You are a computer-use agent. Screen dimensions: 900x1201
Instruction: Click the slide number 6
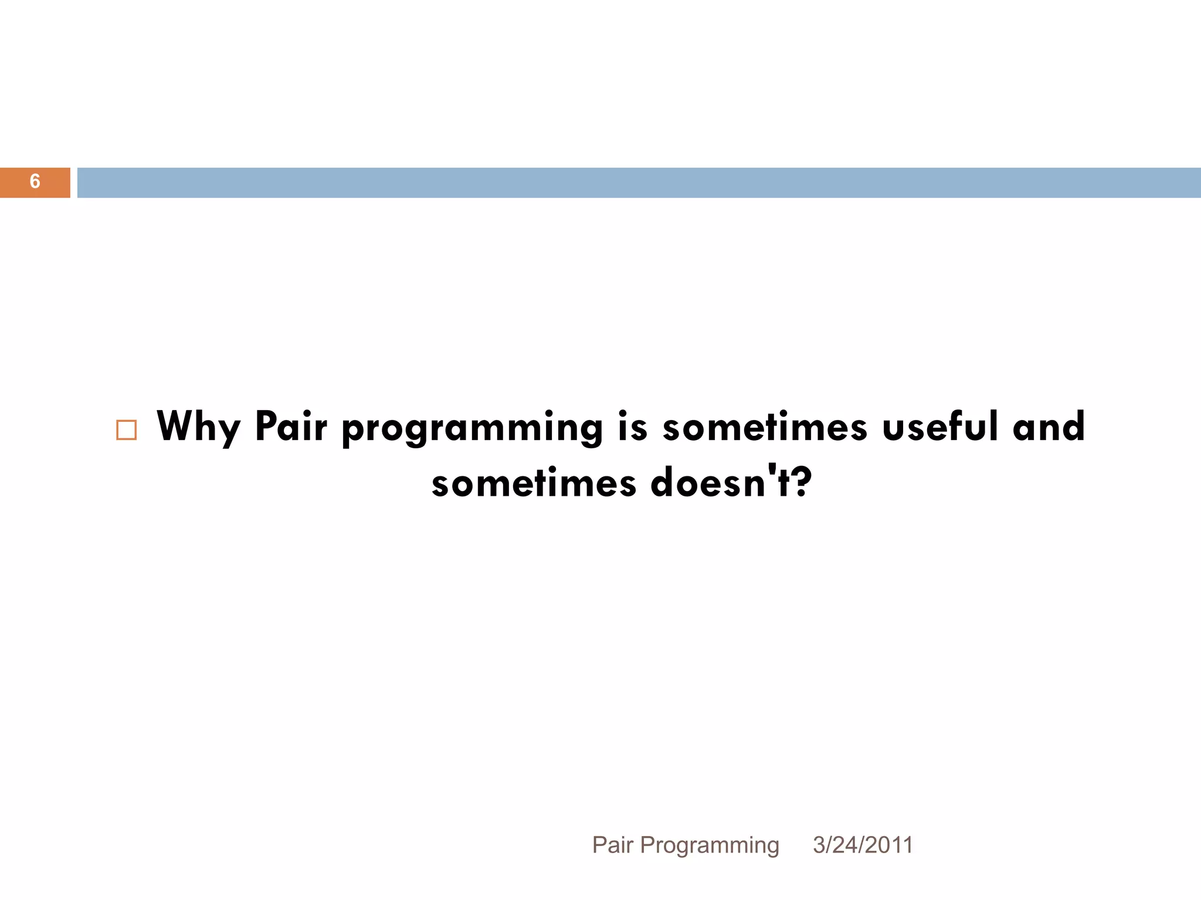click(35, 182)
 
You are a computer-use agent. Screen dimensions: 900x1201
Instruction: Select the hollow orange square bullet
click(127, 429)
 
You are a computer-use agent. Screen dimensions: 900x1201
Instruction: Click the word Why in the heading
click(199, 427)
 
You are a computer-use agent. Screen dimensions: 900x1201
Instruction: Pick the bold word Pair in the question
click(291, 426)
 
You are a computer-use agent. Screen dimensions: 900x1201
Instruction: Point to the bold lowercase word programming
click(472, 428)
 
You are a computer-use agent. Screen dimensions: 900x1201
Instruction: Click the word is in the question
click(633, 426)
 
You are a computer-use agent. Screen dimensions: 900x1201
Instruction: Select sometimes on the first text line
click(765, 426)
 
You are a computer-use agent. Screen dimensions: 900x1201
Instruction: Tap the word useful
click(940, 426)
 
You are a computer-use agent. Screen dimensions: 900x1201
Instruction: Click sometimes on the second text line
click(534, 483)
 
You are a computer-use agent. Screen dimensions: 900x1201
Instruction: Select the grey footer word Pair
click(613, 845)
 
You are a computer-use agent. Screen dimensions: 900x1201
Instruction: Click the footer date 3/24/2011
click(863, 845)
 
